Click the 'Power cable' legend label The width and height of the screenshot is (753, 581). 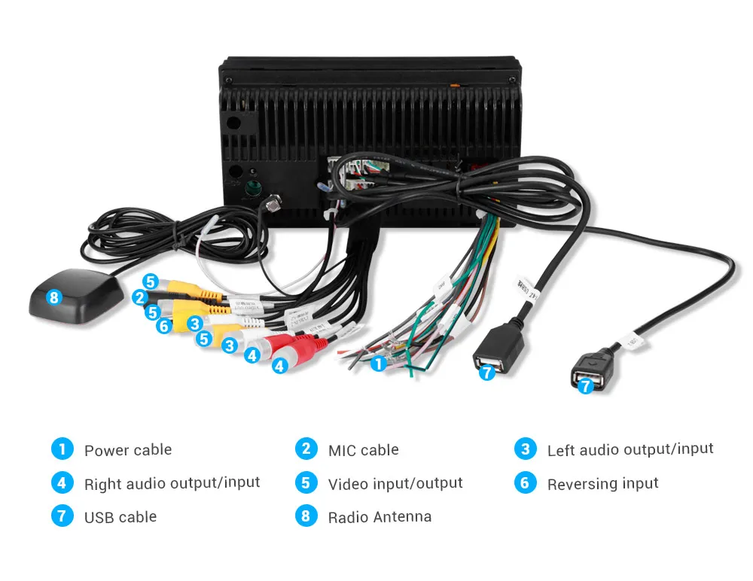coord(127,450)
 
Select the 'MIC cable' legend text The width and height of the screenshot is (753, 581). coord(363,450)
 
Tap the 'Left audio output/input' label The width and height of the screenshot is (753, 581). coord(630,450)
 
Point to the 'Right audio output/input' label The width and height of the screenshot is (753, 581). coord(172,483)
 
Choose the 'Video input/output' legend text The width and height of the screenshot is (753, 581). coord(395,483)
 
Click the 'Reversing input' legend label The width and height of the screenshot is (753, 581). coord(602,483)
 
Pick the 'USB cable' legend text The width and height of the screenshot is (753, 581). coord(120,517)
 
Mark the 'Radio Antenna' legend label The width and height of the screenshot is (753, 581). coord(380,517)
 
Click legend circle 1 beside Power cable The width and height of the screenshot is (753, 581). coord(61,449)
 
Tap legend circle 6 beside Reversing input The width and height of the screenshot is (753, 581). coord(525,482)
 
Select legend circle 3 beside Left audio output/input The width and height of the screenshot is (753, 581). coord(525,449)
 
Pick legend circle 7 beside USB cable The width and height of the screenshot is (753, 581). coord(61,516)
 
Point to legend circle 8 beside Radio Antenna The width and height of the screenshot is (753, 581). coord(305,516)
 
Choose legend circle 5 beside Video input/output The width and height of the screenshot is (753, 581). coord(305,482)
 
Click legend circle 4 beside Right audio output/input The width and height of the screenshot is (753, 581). coord(61,482)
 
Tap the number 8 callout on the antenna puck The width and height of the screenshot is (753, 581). coord(53,297)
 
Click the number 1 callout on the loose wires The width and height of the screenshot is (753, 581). coord(378,364)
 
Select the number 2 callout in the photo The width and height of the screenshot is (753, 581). coord(139,297)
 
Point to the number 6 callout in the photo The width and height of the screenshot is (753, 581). coord(164,326)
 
